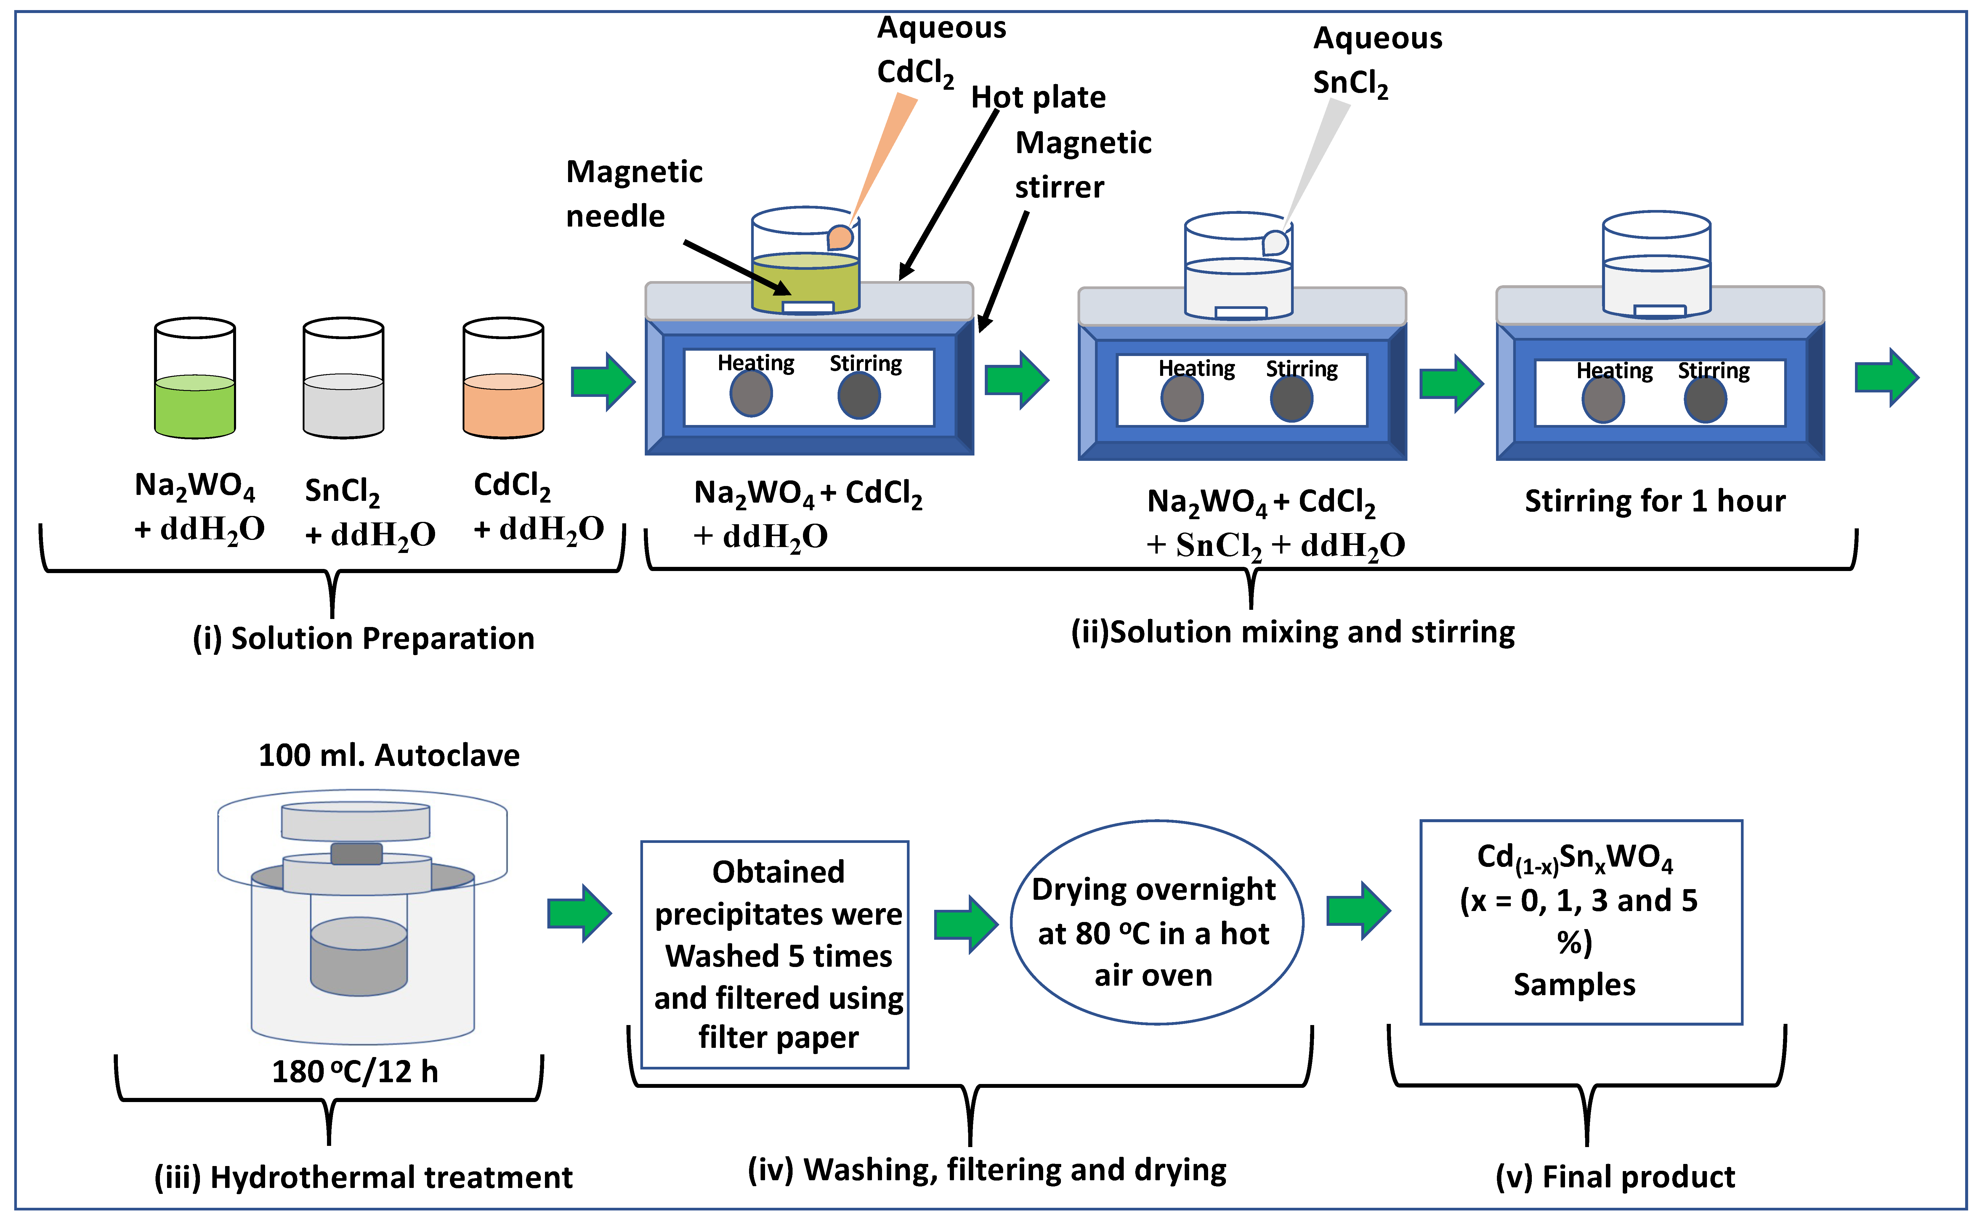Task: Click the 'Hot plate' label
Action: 1038,97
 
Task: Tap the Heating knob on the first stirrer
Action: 751,394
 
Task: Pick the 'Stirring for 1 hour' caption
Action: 1654,501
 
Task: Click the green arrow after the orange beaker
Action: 602,381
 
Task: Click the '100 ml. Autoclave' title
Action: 389,755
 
